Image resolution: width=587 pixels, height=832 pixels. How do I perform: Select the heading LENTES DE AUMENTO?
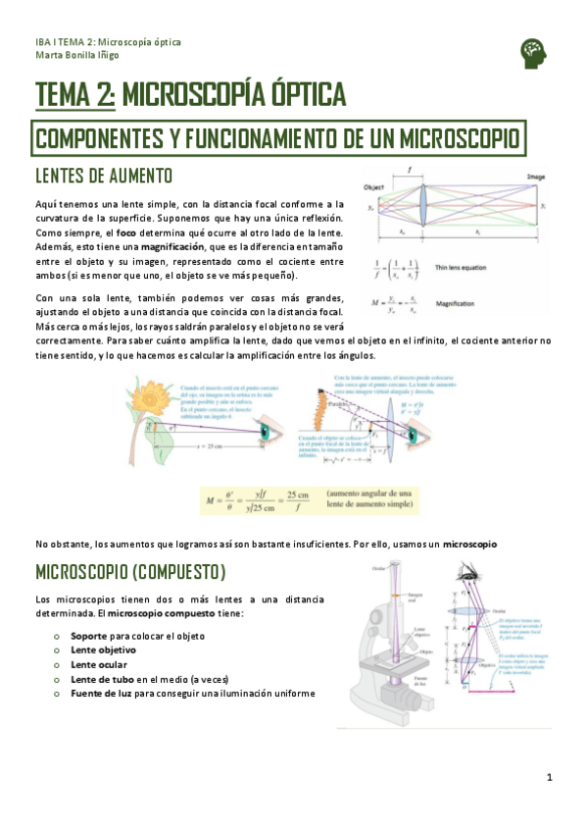click(104, 176)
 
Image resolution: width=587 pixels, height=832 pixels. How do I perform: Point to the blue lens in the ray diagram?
click(423, 210)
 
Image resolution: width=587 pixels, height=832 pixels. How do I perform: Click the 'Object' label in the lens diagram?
click(372, 186)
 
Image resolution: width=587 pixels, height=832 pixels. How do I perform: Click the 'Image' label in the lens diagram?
click(535, 178)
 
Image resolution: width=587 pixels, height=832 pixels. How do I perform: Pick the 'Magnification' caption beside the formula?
click(456, 304)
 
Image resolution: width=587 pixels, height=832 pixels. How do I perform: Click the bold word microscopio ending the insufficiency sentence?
click(469, 544)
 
